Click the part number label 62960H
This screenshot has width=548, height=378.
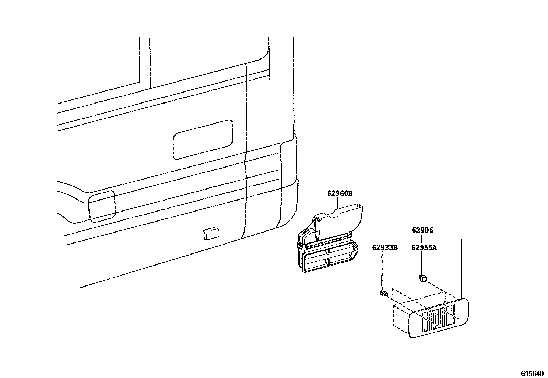(340, 193)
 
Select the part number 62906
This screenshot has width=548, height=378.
(422, 230)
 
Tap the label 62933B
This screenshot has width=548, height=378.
(384, 247)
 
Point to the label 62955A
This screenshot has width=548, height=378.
(424, 247)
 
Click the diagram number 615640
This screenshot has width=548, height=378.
(531, 373)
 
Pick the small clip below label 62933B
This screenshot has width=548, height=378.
(383, 293)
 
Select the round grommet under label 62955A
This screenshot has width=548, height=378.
(423, 278)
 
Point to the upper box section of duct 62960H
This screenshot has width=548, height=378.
(344, 218)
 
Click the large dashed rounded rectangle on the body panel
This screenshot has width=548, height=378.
(203, 139)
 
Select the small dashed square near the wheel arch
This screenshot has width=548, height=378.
(102, 205)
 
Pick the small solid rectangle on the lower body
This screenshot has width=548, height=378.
(210, 233)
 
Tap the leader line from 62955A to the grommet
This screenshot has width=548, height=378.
(422, 261)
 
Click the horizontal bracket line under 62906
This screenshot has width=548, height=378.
(422, 239)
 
